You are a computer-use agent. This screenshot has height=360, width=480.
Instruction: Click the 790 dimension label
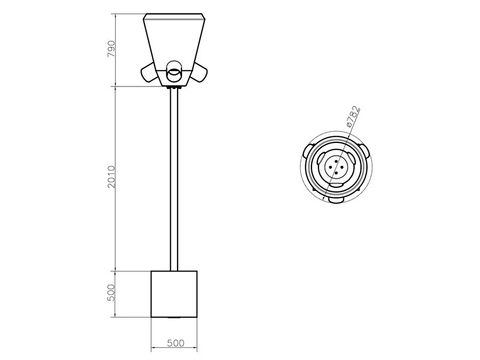pyautogui.click(x=111, y=49)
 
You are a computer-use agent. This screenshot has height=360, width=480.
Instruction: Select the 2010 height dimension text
pyautogui.click(x=111, y=177)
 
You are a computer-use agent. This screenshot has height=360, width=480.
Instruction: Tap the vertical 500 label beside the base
pyautogui.click(x=111, y=293)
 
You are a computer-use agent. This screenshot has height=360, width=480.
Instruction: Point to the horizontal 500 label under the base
pyautogui.click(x=175, y=343)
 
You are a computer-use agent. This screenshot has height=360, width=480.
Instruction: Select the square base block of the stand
pyautogui.click(x=174, y=294)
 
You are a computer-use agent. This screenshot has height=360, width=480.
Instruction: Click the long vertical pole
pyautogui.click(x=174, y=180)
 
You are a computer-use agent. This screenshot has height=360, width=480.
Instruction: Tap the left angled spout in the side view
pyautogui.click(x=149, y=73)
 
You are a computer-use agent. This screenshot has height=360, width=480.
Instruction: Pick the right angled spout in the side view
pyautogui.click(x=199, y=73)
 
